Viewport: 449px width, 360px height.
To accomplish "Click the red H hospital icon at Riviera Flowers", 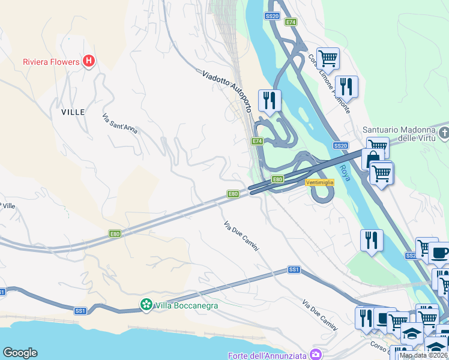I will click(x=89, y=61).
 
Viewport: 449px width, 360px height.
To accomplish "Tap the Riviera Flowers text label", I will click(x=51, y=62).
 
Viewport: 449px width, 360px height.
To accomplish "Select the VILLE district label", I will click(x=73, y=112).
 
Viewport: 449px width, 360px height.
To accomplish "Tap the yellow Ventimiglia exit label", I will click(x=319, y=182).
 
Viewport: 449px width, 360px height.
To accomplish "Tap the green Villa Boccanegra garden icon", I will click(x=146, y=305).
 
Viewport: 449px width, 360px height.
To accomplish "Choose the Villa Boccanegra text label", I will click(x=187, y=305).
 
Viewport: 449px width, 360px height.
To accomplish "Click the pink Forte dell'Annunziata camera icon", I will click(x=315, y=355).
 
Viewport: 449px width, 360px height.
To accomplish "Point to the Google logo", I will click(x=20, y=353).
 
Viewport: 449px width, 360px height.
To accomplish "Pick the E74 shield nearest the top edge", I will click(x=291, y=22).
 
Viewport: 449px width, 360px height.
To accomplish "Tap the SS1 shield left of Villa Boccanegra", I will click(x=80, y=311).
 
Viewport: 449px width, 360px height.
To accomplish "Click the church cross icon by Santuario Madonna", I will click(x=444, y=131).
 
